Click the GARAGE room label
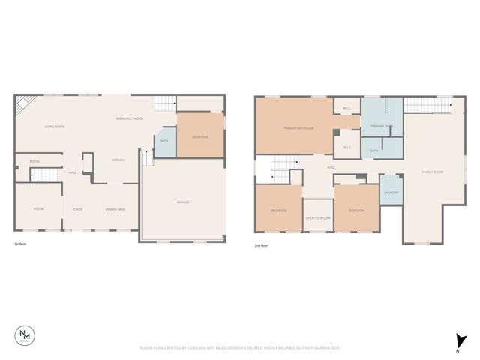click(x=183, y=202)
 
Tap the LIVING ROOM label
click(x=55, y=127)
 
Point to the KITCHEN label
click(x=118, y=160)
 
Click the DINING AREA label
click(x=115, y=209)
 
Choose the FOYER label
click(x=77, y=209)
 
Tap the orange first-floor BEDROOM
click(x=200, y=137)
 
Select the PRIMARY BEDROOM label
click(x=298, y=128)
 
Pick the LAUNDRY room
click(x=391, y=193)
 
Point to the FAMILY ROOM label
click(x=433, y=172)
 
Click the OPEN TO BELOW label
click(x=318, y=217)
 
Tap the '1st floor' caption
click(x=21, y=245)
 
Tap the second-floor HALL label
click(x=331, y=167)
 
